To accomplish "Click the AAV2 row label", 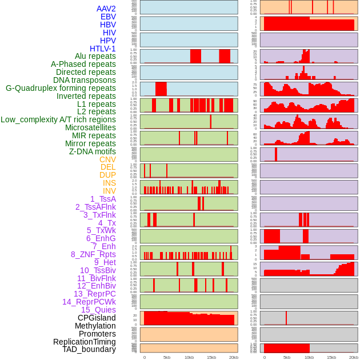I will click(x=106, y=9).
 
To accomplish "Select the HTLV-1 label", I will click(x=102, y=49).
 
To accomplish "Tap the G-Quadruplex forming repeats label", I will click(x=61, y=88).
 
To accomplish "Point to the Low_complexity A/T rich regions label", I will click(x=58, y=119).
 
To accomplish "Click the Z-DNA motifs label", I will click(x=92, y=151).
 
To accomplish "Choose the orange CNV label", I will click(x=107, y=159).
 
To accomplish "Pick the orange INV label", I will click(x=109, y=191).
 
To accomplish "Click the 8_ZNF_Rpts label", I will click(x=93, y=254).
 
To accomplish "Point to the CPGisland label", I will click(x=97, y=318).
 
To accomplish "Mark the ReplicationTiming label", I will click(x=84, y=342).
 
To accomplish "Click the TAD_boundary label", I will click(x=89, y=349).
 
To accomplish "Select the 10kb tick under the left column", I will click(x=189, y=357).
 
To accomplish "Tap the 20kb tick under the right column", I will click(x=354, y=357).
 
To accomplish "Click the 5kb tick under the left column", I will click(x=167, y=357).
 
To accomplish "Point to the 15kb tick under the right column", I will click(x=331, y=357).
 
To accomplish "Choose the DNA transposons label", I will click(x=85, y=80).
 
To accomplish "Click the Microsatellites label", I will click(x=90, y=127).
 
